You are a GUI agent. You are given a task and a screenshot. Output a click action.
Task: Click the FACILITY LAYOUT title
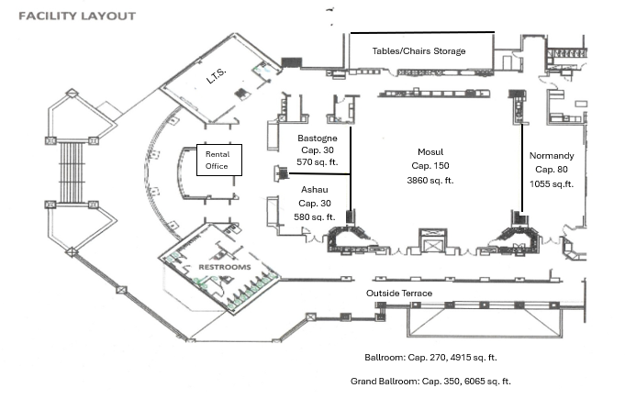77,16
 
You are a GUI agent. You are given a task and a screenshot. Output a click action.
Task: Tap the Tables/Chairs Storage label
419,51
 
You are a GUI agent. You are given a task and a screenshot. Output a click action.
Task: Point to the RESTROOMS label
225,267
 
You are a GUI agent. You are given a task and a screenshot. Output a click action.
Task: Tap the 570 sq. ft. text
317,162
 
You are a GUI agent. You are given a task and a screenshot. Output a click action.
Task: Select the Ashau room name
315,190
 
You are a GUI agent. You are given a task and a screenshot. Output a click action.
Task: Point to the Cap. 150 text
430,166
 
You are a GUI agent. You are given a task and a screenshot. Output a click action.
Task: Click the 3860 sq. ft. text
430,181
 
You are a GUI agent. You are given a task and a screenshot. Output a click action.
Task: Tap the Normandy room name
552,156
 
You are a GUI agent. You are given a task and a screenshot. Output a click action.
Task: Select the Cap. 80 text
552,170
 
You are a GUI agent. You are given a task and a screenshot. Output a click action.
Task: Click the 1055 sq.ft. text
552,183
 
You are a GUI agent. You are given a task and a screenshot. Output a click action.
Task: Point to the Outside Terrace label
399,294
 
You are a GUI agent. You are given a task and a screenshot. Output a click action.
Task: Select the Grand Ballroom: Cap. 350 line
430,381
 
